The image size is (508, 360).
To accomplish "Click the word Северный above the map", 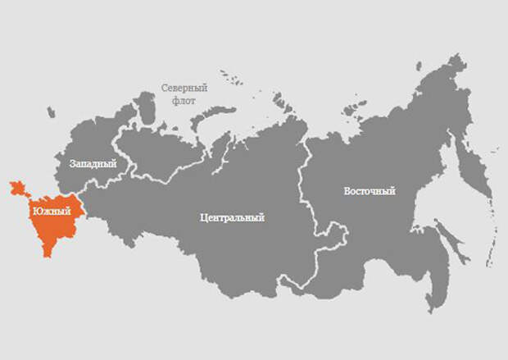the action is pos(184,87).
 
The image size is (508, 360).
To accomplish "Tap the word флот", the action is pos(184,101).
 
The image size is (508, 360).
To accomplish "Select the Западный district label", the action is pos(93,164).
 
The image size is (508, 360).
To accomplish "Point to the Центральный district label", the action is pos(232,219).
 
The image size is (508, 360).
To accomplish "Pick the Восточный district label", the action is pos(369,191).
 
